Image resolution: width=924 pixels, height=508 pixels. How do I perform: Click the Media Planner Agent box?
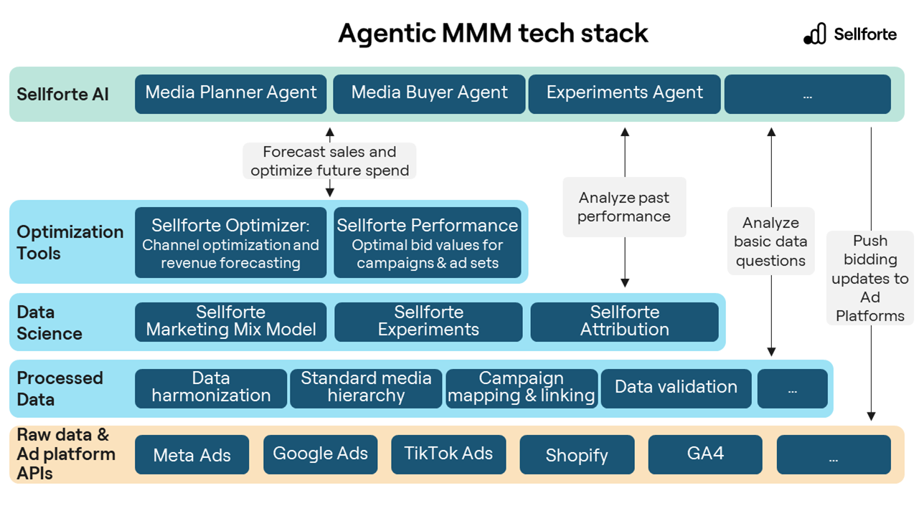pos(230,93)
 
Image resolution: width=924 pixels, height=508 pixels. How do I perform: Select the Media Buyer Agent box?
pos(429,93)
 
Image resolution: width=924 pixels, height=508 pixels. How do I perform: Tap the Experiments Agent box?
pos(624,93)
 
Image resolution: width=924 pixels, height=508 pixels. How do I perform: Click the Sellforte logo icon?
pos(815,34)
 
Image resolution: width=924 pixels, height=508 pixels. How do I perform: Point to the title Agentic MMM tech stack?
pos(493,33)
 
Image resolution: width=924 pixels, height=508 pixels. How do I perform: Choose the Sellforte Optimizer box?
pos(230,243)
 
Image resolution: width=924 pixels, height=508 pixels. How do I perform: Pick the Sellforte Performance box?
pos(428,243)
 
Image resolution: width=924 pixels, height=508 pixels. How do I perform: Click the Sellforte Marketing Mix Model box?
pos(230,321)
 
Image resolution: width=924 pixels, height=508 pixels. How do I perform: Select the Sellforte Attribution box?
pos(624,321)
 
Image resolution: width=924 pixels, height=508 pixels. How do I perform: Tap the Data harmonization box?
pos(211,388)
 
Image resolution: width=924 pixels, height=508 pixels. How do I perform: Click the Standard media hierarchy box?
pos(366,388)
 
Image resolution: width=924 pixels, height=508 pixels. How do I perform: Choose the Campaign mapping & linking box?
pos(522,388)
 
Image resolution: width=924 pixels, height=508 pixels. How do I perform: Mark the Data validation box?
pos(676,388)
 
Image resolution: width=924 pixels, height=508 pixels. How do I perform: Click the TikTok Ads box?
pos(448,454)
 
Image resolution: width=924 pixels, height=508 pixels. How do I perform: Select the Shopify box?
pos(577,455)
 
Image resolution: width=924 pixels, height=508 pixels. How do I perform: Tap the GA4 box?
pos(705,454)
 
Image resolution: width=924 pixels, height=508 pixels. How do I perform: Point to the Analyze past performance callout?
pos(624,207)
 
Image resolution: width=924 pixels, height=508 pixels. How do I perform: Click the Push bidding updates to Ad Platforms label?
pos(870,278)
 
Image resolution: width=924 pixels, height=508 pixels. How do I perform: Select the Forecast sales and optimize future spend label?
pos(329,161)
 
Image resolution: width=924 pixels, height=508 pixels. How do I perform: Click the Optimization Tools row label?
pos(70,242)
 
